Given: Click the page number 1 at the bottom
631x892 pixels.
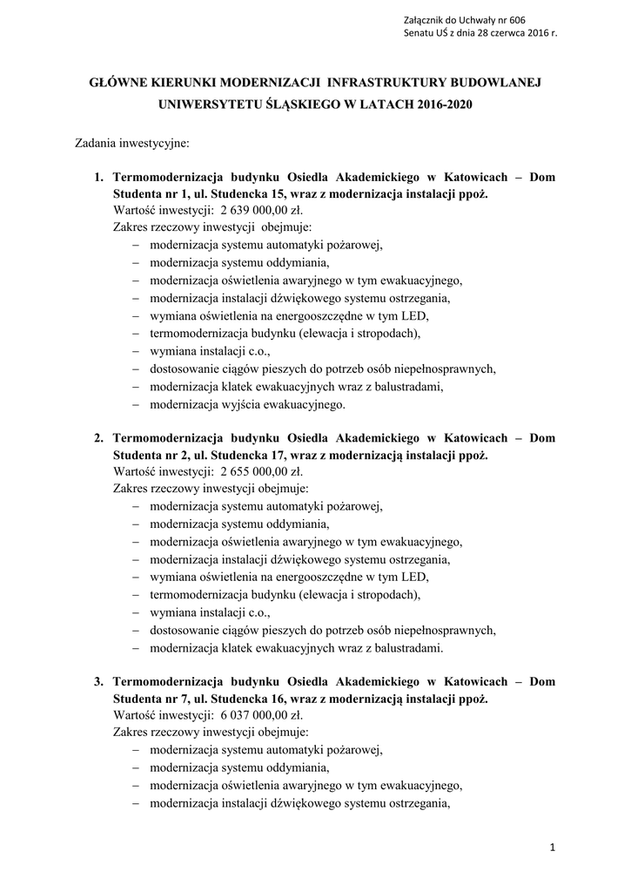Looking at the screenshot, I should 552,847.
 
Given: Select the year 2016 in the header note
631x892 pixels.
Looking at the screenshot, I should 531,32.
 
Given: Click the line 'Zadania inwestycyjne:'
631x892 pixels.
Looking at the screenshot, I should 126,142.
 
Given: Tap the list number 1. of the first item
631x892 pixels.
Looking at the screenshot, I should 99,177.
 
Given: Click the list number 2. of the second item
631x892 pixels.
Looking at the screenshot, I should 99,438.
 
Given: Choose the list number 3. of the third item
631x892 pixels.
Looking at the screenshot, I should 99,681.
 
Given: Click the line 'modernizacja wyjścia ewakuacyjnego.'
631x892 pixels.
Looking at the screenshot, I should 247,405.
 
